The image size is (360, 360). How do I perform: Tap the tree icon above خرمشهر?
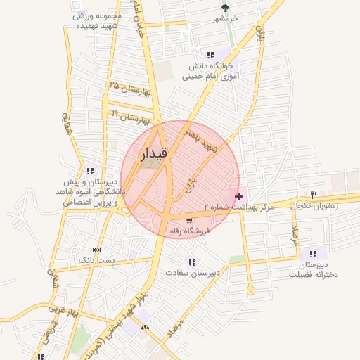tap(225, 8)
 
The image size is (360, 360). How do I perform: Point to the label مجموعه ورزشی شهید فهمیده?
tap(97, 20)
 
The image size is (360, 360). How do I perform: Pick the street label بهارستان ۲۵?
tap(131, 89)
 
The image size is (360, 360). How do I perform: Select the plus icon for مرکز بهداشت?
tap(239, 195)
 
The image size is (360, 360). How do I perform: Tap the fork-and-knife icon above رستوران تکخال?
tap(314, 195)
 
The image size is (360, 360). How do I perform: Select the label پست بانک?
tap(96, 260)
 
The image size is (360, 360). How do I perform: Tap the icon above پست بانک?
tap(96, 250)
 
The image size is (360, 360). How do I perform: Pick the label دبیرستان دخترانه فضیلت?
tap(314, 269)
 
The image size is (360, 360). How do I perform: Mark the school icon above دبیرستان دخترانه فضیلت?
tap(314, 254)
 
